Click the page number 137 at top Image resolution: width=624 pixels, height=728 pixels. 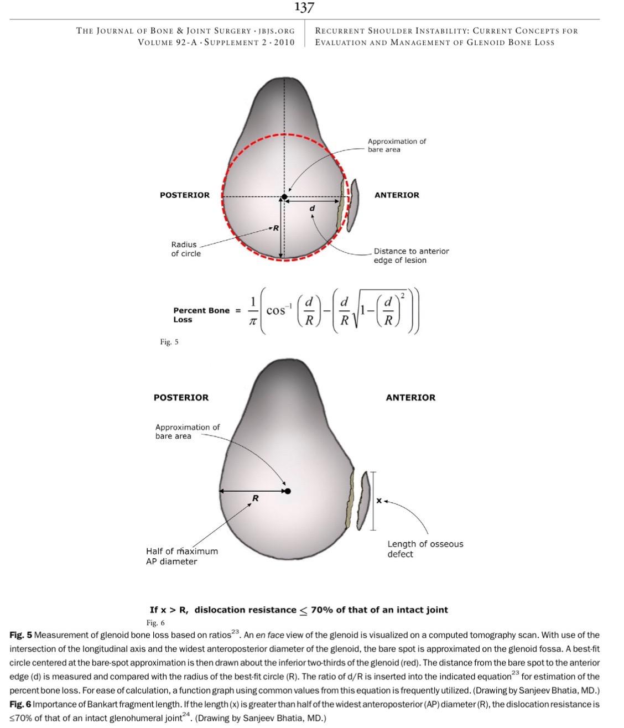(x=304, y=7)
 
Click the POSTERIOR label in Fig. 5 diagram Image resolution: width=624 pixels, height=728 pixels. (x=185, y=195)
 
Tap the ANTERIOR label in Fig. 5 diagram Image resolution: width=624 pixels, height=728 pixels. (x=397, y=195)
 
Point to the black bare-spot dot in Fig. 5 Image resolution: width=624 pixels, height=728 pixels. (x=284, y=197)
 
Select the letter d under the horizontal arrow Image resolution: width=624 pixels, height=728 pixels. (x=312, y=208)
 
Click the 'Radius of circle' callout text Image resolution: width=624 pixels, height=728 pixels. (x=185, y=249)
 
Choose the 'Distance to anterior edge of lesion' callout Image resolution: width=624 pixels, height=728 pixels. (x=411, y=256)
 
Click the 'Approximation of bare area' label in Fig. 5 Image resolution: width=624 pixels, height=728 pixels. (x=397, y=145)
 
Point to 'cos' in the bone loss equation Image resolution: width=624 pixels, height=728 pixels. (x=276, y=311)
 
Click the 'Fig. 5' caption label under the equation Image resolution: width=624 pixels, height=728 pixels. (x=169, y=342)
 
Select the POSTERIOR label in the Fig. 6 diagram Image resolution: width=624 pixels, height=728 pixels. (x=181, y=397)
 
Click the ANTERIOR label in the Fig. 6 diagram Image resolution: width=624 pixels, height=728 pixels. (x=410, y=397)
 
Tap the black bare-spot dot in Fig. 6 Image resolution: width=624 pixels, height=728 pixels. (x=287, y=491)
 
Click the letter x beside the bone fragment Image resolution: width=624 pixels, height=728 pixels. (x=379, y=501)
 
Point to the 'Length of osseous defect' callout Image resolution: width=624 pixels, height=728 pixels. (x=425, y=549)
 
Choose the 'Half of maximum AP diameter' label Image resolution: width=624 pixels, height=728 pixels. (x=181, y=556)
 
